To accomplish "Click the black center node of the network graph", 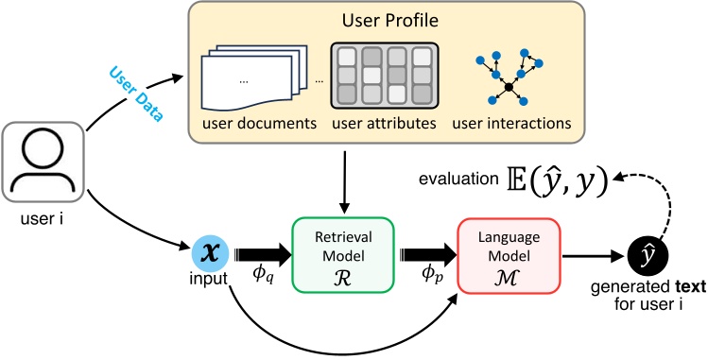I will pyautogui.click(x=509, y=87).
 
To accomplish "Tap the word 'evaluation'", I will pyautogui.click(x=453, y=180).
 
